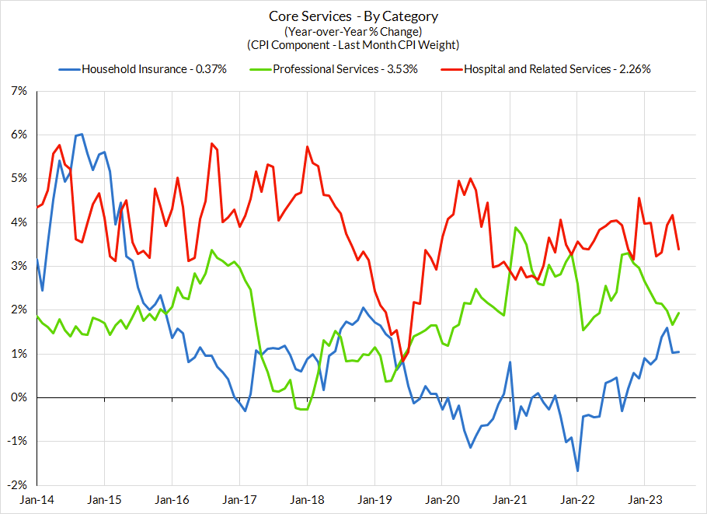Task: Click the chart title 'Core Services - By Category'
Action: [353, 16]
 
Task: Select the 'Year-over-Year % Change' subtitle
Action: [353, 31]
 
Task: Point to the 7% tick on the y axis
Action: [17, 92]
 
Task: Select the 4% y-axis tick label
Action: [17, 222]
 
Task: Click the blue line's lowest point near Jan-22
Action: [577, 470]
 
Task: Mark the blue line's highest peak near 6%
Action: [82, 135]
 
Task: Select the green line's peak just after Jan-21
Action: [515, 228]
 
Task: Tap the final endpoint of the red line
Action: [679, 250]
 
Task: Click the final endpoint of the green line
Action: [679, 313]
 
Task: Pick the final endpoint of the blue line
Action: [679, 352]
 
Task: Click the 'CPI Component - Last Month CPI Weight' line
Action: [353, 45]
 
